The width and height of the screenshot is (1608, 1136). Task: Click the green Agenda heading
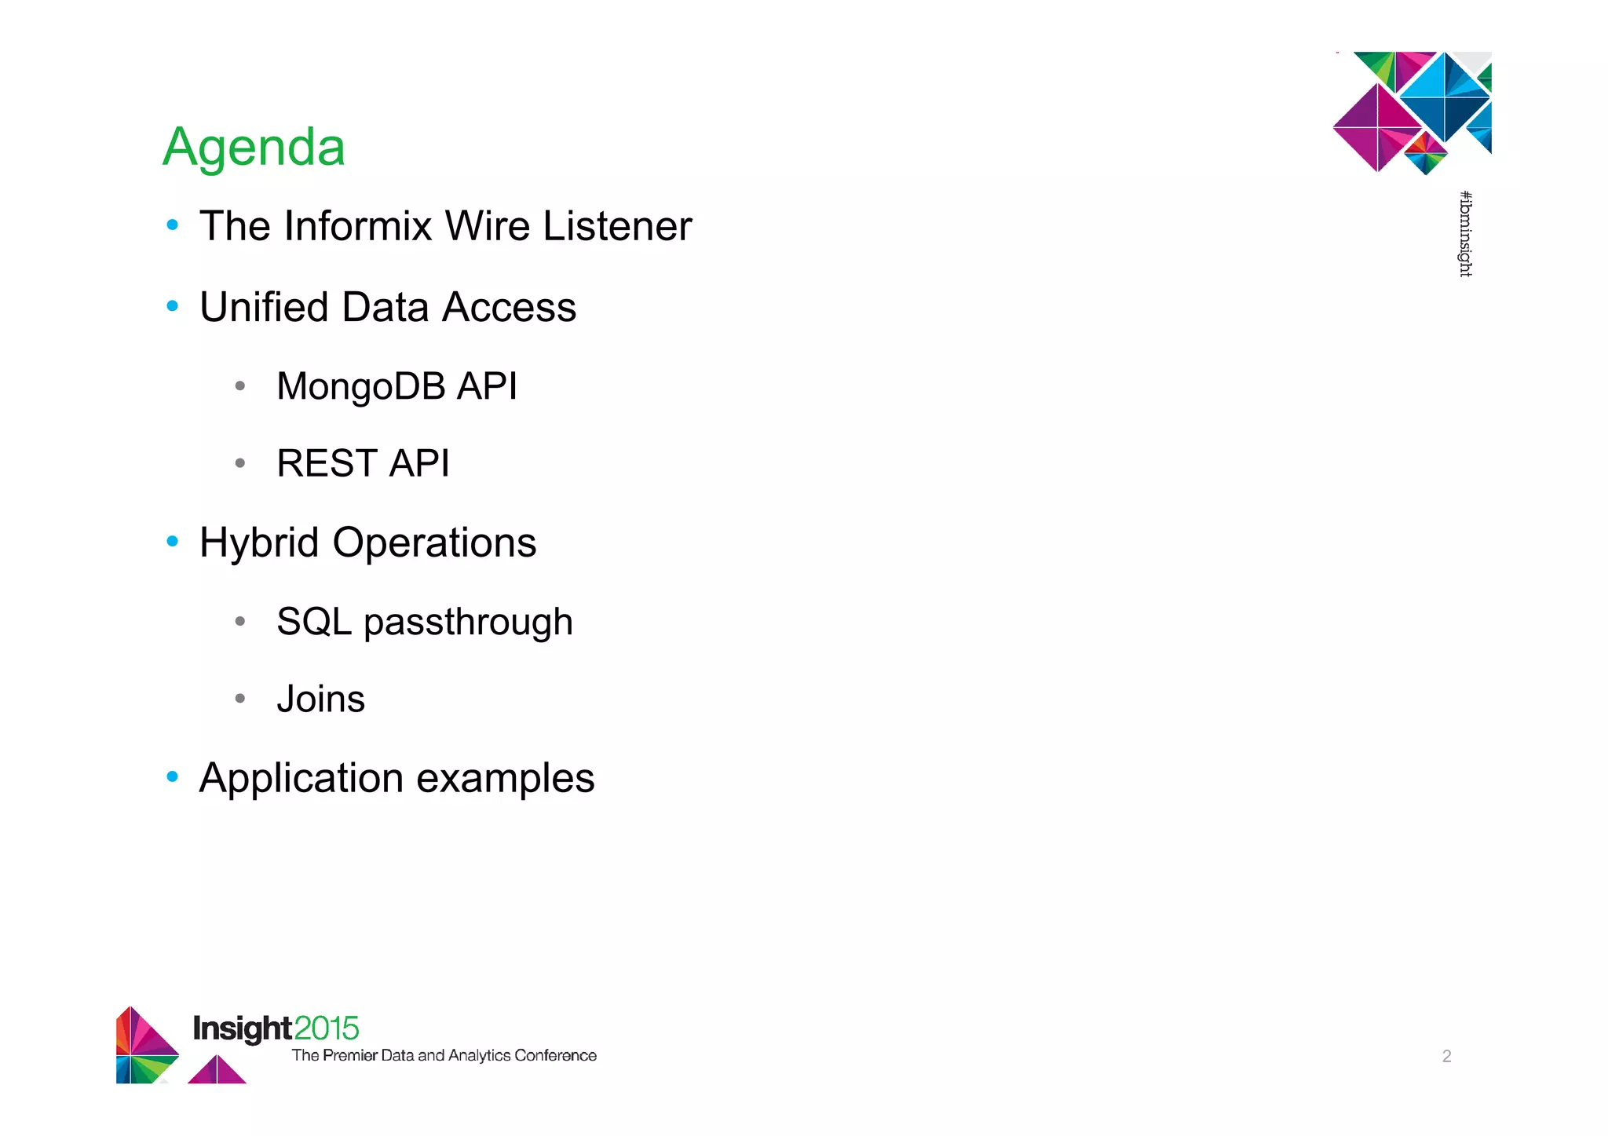(x=254, y=148)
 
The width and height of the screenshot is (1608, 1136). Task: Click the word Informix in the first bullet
(x=358, y=226)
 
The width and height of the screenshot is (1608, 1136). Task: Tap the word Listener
(x=617, y=226)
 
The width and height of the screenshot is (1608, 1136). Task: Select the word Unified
(x=263, y=307)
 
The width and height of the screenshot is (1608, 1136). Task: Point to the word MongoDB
(x=360, y=386)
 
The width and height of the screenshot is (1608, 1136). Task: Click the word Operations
(x=434, y=543)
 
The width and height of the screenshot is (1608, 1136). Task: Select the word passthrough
(x=468, y=623)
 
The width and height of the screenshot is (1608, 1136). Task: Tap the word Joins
(x=321, y=699)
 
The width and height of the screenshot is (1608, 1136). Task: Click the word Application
(x=301, y=779)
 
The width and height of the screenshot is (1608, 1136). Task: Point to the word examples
(x=505, y=779)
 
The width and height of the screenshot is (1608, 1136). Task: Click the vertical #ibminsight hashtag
(x=1465, y=234)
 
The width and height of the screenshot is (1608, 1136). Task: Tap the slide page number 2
(x=1446, y=1056)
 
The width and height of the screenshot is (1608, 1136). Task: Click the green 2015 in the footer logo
(x=327, y=1028)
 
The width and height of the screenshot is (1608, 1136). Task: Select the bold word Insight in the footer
(x=243, y=1028)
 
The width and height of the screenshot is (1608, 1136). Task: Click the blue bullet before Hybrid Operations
(x=173, y=541)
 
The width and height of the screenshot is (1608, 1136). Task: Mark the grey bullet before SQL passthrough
(x=240, y=622)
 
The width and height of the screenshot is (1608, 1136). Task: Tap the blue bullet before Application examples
(x=173, y=776)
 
